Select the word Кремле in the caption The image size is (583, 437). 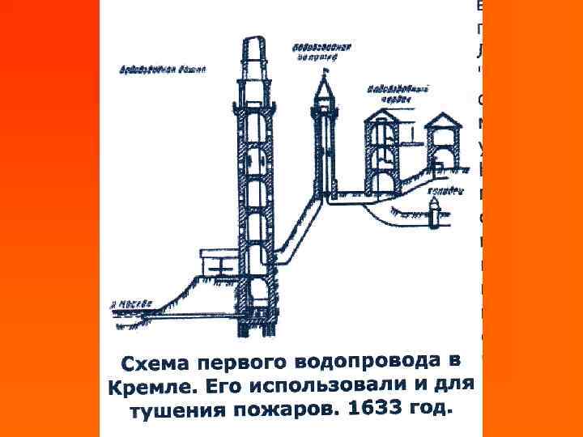tap(141, 386)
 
